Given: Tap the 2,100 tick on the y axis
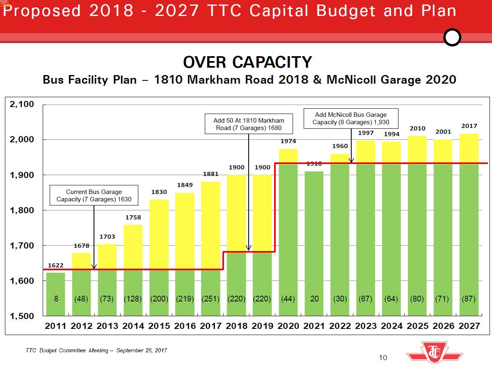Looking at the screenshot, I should click(23, 105).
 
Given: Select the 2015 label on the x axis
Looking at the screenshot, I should click(159, 326).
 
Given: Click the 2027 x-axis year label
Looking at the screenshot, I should click(469, 326).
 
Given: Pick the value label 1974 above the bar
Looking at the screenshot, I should click(288, 141).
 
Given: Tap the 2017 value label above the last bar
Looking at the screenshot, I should click(469, 126).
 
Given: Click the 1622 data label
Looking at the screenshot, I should click(55, 265).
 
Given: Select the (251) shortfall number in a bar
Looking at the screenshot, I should click(211, 299).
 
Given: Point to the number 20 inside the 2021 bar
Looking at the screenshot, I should click(314, 299).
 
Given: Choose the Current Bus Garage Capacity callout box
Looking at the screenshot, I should click(94, 196).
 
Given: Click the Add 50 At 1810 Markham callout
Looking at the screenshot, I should click(249, 124).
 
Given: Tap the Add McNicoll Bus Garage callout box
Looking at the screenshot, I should click(350, 119).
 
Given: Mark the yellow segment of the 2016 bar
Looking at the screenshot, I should click(185, 230).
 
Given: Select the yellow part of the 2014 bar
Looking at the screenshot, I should click(133, 246).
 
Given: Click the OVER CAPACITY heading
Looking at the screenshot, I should click(247, 62).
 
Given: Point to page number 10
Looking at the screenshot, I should click(382, 358).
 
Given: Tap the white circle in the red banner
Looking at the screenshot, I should click(453, 38).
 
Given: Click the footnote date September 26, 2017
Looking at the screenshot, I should click(142, 350).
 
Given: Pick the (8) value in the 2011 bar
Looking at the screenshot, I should click(55, 299).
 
